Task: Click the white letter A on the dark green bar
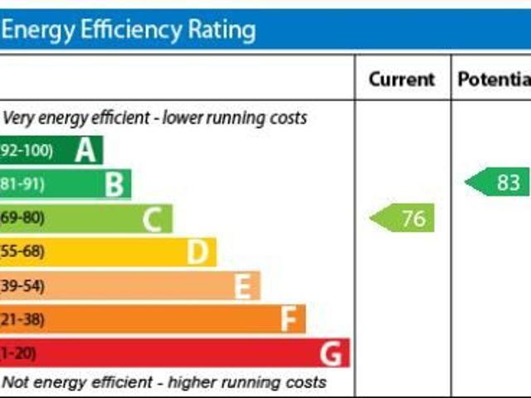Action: (x=85, y=151)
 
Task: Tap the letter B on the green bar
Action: (x=114, y=184)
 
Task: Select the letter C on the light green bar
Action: (x=152, y=219)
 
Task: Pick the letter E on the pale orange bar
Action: (x=242, y=286)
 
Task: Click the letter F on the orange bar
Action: (x=289, y=319)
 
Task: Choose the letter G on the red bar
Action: (x=331, y=354)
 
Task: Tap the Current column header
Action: (x=402, y=80)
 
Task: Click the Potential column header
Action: (x=494, y=80)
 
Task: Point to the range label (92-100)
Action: (x=27, y=151)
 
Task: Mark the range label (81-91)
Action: (x=22, y=184)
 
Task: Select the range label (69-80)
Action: (x=22, y=218)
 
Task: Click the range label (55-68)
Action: (x=22, y=251)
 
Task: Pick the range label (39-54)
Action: (x=22, y=285)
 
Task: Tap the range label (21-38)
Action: (x=22, y=319)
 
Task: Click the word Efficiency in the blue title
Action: (x=127, y=31)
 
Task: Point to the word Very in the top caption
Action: (x=17, y=118)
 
